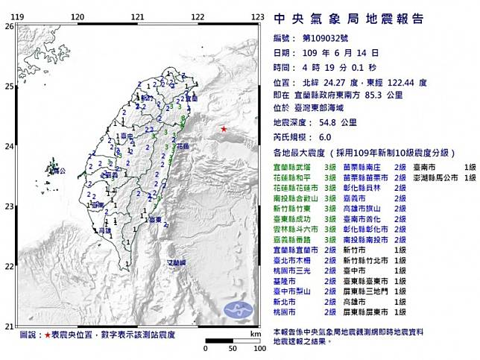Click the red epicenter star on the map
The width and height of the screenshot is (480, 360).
pyautogui.click(x=224, y=130)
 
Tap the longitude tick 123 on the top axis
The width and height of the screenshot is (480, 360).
pyautogui.click(x=257, y=16)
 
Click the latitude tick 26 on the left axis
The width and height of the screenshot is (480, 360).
pyautogui.click(x=8, y=26)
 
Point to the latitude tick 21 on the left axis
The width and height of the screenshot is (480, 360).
pyautogui.click(x=8, y=326)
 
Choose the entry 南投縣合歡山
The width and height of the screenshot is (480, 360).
pyautogui.click(x=299, y=200)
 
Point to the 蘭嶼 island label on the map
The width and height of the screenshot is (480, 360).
pyautogui.click(x=177, y=262)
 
